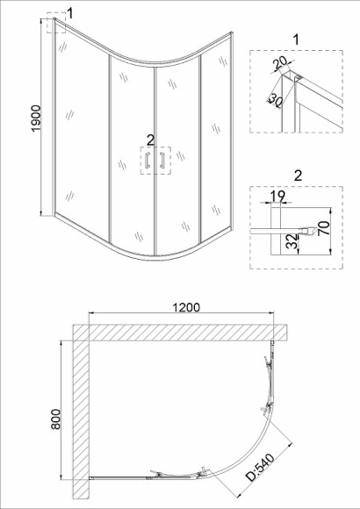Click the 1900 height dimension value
click(x=36, y=118)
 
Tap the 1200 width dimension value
click(x=186, y=307)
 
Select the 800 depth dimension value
click(x=56, y=419)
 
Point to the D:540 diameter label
click(x=260, y=467)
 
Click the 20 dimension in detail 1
click(x=280, y=63)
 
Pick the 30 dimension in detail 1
click(x=275, y=100)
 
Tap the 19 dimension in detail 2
click(x=277, y=196)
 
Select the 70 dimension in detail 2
click(x=325, y=228)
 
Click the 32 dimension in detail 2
click(x=293, y=241)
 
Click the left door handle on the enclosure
click(x=148, y=160)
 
